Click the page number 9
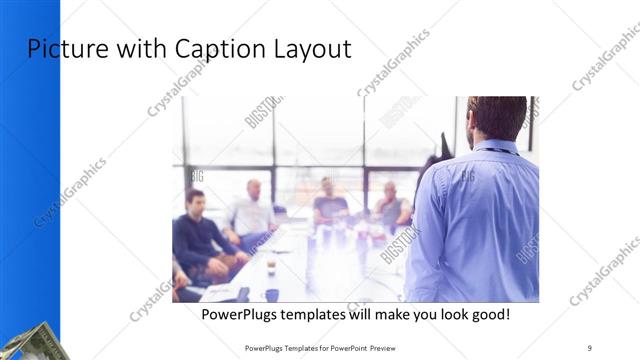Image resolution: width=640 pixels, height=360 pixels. pyautogui.click(x=590, y=347)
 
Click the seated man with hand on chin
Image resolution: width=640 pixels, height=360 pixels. pyautogui.click(x=391, y=206)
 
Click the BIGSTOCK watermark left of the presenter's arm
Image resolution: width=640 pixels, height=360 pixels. pyautogui.click(x=399, y=245)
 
